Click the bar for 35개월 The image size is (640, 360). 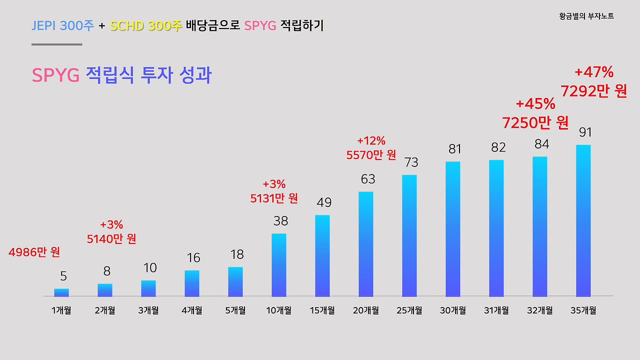583,220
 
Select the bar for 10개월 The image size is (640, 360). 279,265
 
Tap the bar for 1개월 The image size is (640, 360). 61,292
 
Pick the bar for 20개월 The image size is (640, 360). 365,244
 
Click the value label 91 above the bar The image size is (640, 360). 585,132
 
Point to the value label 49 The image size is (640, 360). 324,202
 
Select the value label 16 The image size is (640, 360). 193,258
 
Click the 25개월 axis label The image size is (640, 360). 409,310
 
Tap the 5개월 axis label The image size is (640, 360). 235,310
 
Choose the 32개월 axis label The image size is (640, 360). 539,310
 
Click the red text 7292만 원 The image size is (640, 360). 593,91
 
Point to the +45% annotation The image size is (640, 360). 535,104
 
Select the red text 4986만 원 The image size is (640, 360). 34,252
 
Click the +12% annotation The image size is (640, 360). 371,141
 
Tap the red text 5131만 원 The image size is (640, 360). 274,198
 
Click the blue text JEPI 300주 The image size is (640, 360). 62,26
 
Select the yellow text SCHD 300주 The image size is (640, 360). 146,26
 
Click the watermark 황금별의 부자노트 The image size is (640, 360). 586,16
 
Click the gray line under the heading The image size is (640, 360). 56,44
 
